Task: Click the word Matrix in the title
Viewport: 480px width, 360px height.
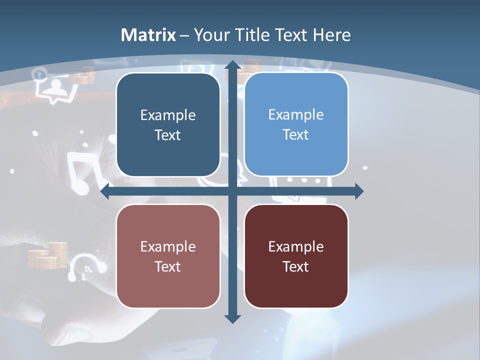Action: [148, 35]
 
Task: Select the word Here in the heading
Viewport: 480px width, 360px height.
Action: [331, 35]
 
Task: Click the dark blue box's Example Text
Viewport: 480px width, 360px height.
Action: [168, 125]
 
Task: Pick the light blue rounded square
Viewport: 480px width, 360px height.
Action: [296, 124]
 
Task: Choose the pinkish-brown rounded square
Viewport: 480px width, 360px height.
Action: [168, 256]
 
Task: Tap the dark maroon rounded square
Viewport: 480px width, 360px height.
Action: [296, 256]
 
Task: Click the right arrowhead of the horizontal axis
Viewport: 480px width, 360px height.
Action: [358, 191]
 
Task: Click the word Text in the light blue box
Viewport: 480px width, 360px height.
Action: [296, 134]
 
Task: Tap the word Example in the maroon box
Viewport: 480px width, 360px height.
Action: [296, 246]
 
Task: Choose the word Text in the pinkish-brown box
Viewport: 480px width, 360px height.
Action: [168, 266]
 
